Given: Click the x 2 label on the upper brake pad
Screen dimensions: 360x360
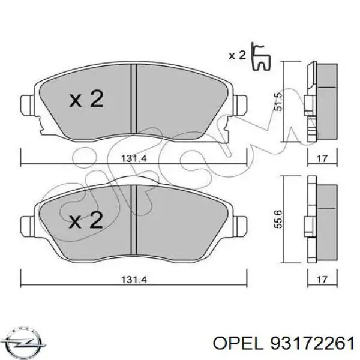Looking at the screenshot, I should click(86, 100).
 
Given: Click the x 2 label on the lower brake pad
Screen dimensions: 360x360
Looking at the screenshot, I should click(86, 221).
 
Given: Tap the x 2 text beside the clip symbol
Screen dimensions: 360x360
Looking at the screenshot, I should click(237, 56).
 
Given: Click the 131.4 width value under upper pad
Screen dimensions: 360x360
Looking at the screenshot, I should click(134, 160).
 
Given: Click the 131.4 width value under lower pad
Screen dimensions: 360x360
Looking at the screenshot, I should click(134, 280).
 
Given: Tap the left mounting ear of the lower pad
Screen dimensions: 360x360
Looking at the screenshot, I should click(28, 226).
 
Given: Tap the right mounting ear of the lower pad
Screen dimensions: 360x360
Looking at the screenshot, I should click(242, 226).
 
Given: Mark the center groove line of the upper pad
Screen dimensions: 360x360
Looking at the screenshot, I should click(134, 99).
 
